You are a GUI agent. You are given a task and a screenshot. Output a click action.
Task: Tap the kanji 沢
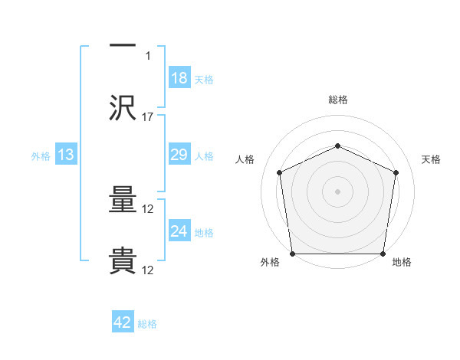[123, 108]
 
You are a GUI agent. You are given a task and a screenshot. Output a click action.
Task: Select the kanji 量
[123, 201]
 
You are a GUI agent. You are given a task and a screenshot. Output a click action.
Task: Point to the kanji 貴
[123, 261]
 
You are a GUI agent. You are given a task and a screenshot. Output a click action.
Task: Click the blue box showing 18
[179, 78]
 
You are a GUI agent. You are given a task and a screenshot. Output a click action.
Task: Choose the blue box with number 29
[179, 155]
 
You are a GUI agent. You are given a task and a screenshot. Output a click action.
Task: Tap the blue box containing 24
[179, 231]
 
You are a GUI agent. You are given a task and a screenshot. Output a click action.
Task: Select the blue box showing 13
[66, 155]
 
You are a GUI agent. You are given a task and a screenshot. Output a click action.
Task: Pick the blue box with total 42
[123, 322]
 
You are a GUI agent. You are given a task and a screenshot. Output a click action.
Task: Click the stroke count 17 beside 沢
[148, 117]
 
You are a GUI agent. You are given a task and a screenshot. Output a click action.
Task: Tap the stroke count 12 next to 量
[148, 209]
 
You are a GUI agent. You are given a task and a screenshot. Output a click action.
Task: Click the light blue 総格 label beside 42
[148, 324]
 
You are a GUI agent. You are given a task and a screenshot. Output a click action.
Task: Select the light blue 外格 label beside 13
[41, 156]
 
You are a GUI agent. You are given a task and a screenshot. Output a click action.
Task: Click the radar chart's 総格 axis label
[338, 100]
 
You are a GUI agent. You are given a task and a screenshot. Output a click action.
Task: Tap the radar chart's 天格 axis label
[432, 159]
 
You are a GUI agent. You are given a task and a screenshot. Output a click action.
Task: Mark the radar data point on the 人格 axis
[280, 172]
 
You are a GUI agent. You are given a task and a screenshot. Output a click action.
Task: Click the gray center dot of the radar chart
[338, 191]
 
